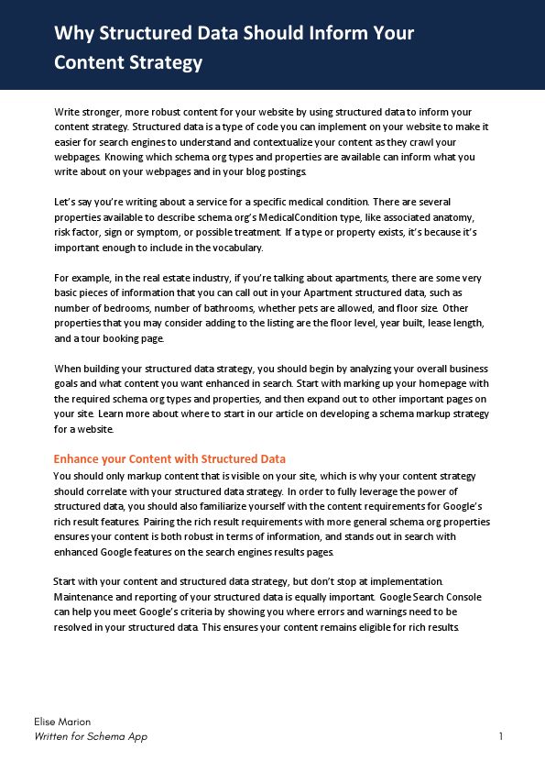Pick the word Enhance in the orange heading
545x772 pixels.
(77, 458)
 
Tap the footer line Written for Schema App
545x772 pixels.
(91, 736)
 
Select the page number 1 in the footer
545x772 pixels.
(501, 736)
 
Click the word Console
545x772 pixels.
(463, 597)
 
